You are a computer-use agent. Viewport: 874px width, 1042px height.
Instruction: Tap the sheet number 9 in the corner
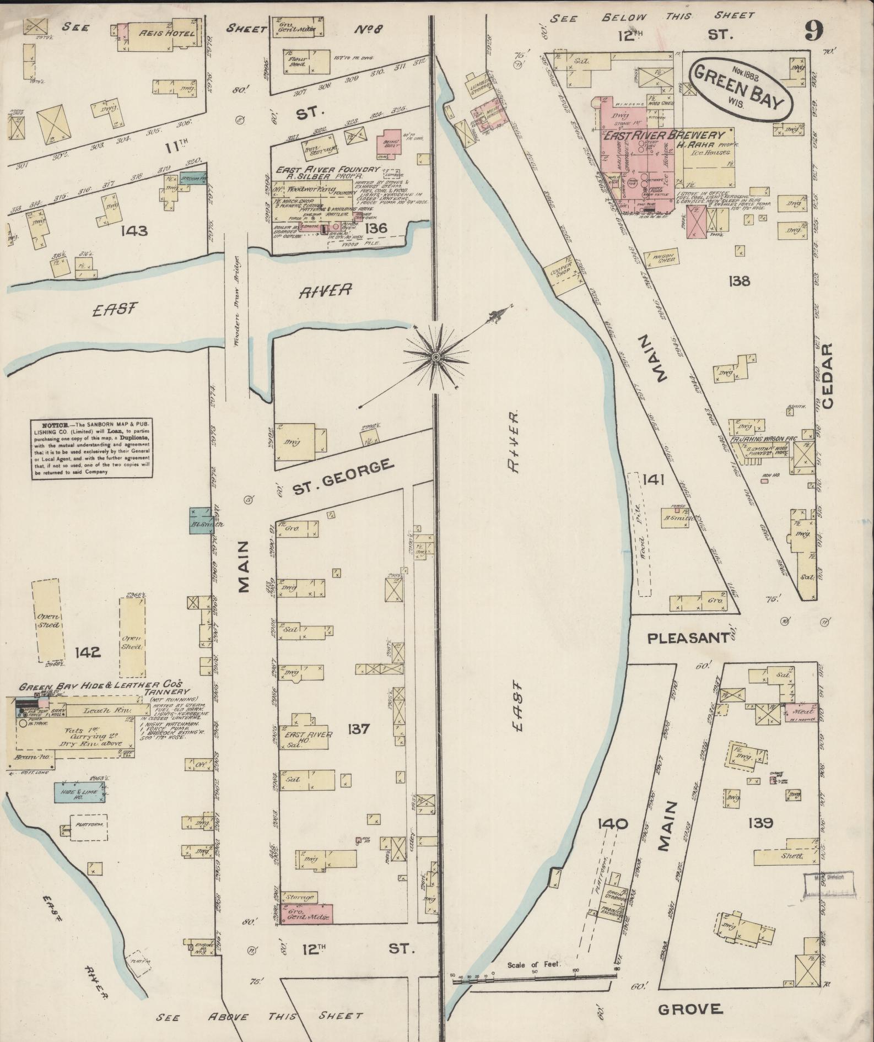tap(813, 31)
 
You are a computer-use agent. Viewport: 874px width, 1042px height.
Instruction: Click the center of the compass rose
tap(436, 358)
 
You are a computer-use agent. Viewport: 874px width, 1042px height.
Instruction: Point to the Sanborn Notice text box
tap(91, 449)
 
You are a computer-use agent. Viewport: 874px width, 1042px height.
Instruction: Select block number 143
tap(136, 231)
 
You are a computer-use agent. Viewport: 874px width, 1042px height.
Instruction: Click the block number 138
tap(738, 282)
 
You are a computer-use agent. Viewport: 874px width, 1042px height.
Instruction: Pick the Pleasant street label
tap(688, 638)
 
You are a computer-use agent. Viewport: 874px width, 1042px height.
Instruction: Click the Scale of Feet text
tap(533, 964)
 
